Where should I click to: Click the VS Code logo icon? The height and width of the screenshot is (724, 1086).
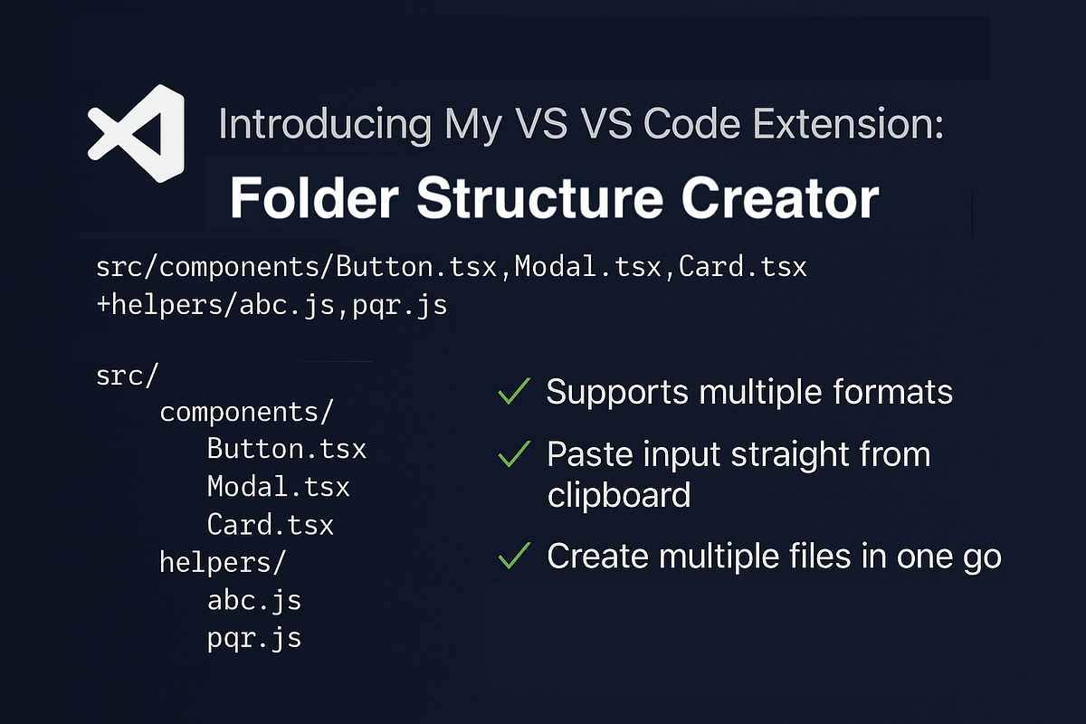[x=136, y=133]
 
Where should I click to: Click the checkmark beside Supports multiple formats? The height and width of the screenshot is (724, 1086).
[x=514, y=393]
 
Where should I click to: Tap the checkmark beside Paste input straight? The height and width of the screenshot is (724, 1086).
[x=514, y=455]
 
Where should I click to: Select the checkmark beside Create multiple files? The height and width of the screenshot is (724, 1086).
[x=514, y=557]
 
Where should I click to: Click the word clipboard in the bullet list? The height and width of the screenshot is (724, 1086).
[x=619, y=495]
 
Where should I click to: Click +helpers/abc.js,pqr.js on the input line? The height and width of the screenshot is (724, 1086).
[x=271, y=305]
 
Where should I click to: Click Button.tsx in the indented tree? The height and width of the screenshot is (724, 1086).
[x=286, y=449]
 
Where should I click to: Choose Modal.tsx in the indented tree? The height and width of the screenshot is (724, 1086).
[x=278, y=487]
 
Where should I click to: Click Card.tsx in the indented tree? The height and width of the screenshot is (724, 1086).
[x=270, y=525]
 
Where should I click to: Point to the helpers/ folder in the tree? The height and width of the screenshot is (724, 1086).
[x=222, y=562]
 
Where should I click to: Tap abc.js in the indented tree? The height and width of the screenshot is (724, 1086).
[x=253, y=600]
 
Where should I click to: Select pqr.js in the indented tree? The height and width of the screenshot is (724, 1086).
[x=253, y=638]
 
